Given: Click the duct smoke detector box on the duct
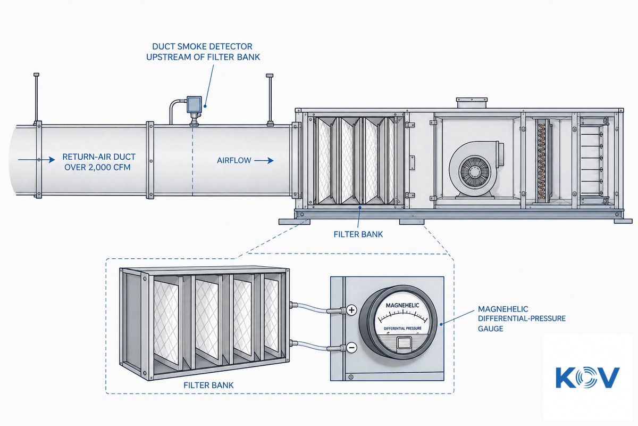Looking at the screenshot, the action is pos(194,104).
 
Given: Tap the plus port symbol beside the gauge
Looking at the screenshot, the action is pos(352,310).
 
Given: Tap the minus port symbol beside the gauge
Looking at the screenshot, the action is pos(352,348).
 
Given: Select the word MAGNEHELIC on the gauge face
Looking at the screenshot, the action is pos(402,305).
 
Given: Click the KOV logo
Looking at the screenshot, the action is pos(587,377).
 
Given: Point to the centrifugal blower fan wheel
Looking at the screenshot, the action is pos(475,172).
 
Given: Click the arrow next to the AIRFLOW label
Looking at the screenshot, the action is pos(264,161).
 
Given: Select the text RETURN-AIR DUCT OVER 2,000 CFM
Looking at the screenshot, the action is pos(98,162).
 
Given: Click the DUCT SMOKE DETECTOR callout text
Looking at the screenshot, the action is pos(203,52).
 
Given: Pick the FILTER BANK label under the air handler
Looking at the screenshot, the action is pos(358,234).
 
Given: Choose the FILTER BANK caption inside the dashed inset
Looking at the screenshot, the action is pos(208,386).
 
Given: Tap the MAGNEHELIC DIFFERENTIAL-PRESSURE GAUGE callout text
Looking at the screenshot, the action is pos(522,319).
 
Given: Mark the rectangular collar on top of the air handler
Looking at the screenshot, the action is pos(472,103).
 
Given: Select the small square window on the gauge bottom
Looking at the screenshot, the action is pos(404,343).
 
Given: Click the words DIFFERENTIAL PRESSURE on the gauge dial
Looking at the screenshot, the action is pos(402,329).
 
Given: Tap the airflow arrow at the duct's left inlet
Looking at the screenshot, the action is pos(37,160).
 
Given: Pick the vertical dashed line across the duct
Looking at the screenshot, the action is pos(192,161).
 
